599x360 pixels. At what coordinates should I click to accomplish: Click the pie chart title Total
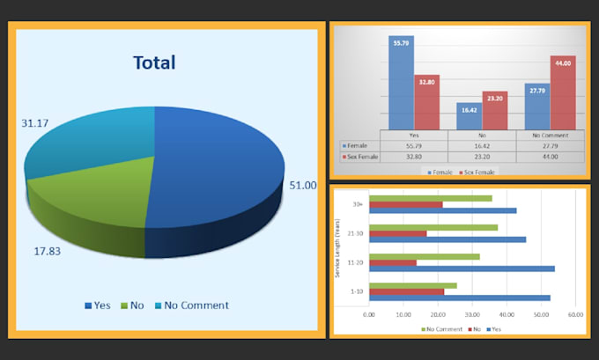154,62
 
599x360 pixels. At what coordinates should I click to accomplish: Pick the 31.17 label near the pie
35,123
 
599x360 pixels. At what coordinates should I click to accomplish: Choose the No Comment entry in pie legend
190,305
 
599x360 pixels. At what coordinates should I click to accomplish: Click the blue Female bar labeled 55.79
402,84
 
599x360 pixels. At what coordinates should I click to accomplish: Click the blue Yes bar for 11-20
462,268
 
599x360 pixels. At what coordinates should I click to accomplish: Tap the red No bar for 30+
405,204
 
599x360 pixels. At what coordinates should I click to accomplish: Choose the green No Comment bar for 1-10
412,285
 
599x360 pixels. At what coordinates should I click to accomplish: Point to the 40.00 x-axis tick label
507,314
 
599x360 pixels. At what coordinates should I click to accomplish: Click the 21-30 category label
358,233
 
